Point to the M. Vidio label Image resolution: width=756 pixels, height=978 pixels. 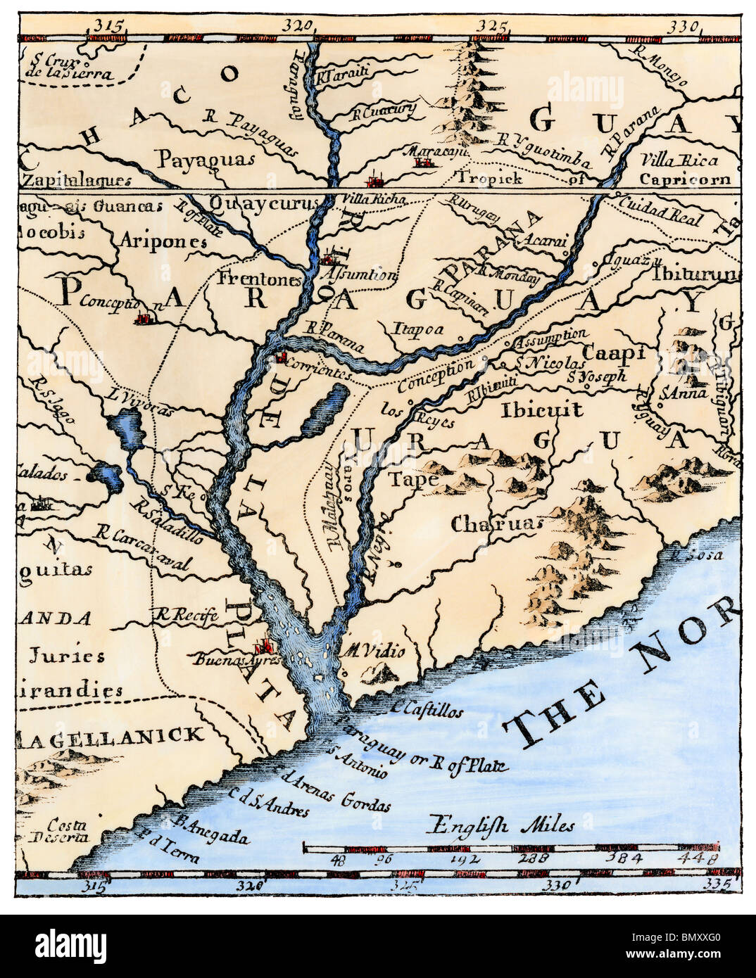374,652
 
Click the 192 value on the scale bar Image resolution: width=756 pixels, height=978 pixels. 470,859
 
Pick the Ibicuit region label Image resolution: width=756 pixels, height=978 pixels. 542,409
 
